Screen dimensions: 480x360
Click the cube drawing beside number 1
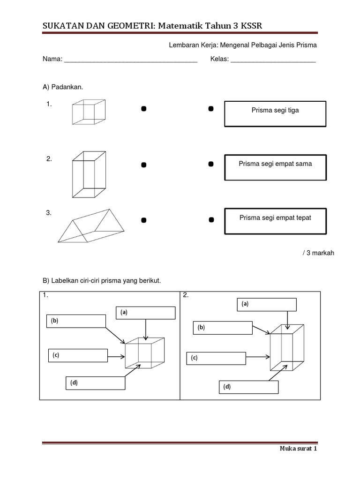[x=89, y=112]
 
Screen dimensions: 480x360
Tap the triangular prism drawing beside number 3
[x=90, y=226]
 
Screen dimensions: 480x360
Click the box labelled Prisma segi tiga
[x=275, y=114]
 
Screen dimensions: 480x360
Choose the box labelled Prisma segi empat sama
[x=275, y=167]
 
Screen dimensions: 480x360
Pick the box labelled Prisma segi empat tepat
[x=275, y=221]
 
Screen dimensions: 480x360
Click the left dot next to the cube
[x=144, y=109]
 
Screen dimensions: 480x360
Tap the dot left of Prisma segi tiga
[x=211, y=109]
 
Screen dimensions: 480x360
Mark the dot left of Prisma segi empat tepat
[x=211, y=219]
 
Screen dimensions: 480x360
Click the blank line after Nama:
[x=130, y=60]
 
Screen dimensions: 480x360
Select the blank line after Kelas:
[x=273, y=60]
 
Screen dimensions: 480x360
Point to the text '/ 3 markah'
[x=318, y=253]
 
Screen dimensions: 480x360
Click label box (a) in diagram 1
[x=146, y=313]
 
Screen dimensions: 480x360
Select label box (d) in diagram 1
[x=95, y=383]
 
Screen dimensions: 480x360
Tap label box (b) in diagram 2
[x=223, y=328]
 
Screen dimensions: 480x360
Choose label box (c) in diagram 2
[x=216, y=358]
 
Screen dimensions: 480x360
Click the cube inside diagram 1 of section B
[x=145, y=353]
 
